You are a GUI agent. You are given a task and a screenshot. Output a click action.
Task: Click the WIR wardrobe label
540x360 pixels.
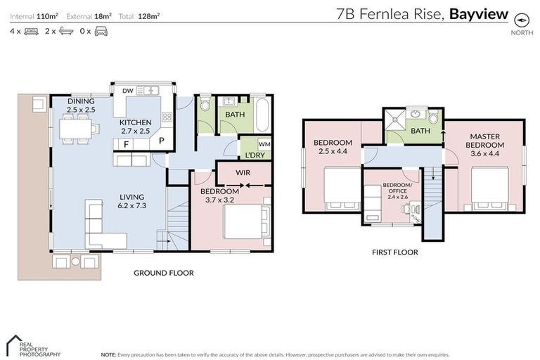[244, 172]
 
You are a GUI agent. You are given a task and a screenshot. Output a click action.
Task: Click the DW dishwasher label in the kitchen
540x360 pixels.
[127, 91]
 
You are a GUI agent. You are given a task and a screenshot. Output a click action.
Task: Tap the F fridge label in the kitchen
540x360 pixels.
[126, 144]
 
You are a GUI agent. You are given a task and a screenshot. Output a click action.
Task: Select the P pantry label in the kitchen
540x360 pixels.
[161, 141]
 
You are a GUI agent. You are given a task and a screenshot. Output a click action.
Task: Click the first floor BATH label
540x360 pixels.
[420, 131]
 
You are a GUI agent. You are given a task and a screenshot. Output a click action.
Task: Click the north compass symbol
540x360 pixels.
[521, 20]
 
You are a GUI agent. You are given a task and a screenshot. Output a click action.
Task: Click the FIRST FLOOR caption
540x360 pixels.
[396, 252]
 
